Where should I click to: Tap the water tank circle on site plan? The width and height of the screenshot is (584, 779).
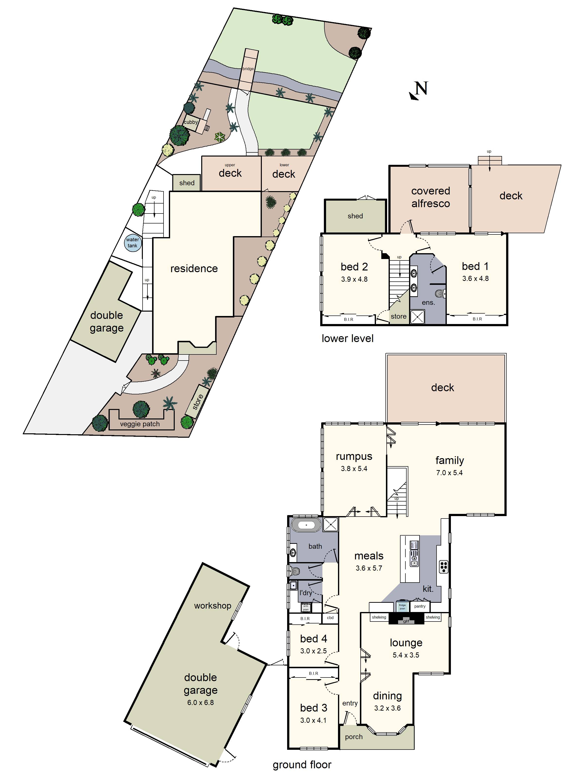point(133,243)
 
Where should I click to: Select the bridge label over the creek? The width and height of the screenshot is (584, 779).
point(248,69)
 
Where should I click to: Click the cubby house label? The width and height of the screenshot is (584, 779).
point(191,122)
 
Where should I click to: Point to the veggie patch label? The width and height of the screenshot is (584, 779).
point(140,424)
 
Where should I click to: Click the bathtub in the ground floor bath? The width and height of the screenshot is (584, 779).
point(306,525)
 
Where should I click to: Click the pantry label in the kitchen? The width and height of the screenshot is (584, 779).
point(420,606)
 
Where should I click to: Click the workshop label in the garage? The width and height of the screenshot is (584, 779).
point(213,606)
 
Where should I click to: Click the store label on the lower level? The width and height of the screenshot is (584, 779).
point(399,316)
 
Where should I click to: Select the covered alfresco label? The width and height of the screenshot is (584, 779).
point(430,197)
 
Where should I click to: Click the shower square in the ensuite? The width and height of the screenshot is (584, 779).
point(418,316)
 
